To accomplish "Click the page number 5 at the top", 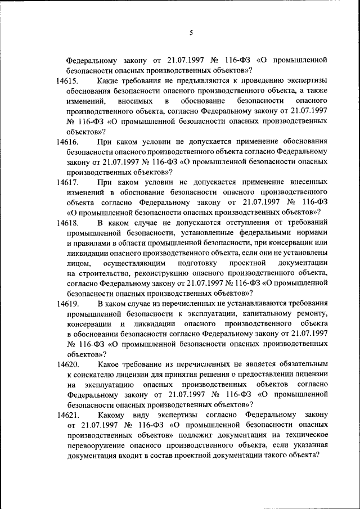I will click(191, 33).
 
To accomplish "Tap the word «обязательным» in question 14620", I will click(299, 364).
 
